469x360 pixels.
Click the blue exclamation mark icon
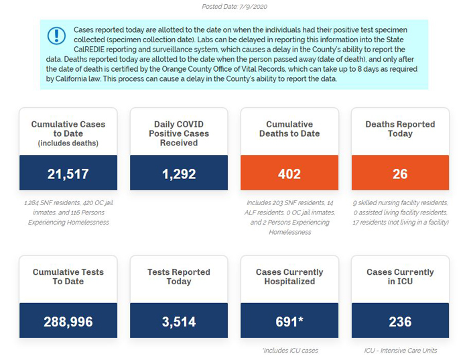(56, 36)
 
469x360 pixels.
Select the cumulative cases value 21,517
(68, 174)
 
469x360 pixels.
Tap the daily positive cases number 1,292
(179, 174)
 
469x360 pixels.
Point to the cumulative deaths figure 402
(289, 174)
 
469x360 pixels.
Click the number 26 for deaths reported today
(400, 174)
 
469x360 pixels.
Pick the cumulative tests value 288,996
(68, 322)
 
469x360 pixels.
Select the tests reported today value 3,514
(179, 322)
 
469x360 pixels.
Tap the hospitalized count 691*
(289, 322)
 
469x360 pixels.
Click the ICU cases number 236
(400, 322)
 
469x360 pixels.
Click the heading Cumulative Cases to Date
(68, 129)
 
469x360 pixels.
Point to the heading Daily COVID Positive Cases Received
(179, 133)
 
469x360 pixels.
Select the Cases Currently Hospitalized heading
(289, 276)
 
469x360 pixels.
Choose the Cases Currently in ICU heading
(400, 276)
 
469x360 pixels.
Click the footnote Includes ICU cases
(290, 351)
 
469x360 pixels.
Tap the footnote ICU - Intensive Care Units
(401, 351)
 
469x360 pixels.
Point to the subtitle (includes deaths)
(68, 143)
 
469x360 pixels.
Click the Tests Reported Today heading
(179, 276)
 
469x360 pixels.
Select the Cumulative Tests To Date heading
(68, 276)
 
